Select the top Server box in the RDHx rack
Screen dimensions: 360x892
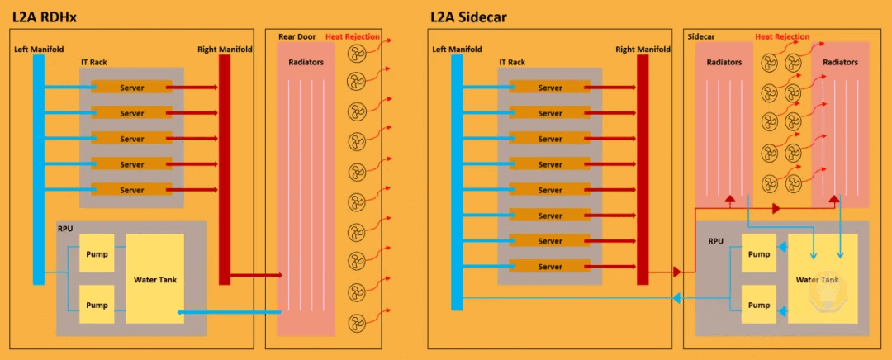click(x=132, y=88)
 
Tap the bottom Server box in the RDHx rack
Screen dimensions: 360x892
click(x=132, y=190)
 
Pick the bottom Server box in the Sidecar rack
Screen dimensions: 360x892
click(x=550, y=267)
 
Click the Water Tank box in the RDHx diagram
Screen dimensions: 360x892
click(x=155, y=279)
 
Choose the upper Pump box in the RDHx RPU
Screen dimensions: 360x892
click(x=97, y=254)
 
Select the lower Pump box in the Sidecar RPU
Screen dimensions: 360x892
click(x=759, y=305)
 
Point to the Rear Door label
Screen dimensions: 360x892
click(x=297, y=36)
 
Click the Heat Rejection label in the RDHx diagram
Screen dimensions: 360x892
click(x=353, y=36)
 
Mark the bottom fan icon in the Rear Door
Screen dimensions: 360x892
click(x=355, y=321)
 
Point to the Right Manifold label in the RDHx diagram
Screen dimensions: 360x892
click(x=225, y=50)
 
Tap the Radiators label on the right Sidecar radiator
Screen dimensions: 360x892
click(x=840, y=62)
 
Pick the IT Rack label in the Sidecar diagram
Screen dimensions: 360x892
click(x=512, y=62)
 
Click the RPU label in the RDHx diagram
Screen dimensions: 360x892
click(x=65, y=228)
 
